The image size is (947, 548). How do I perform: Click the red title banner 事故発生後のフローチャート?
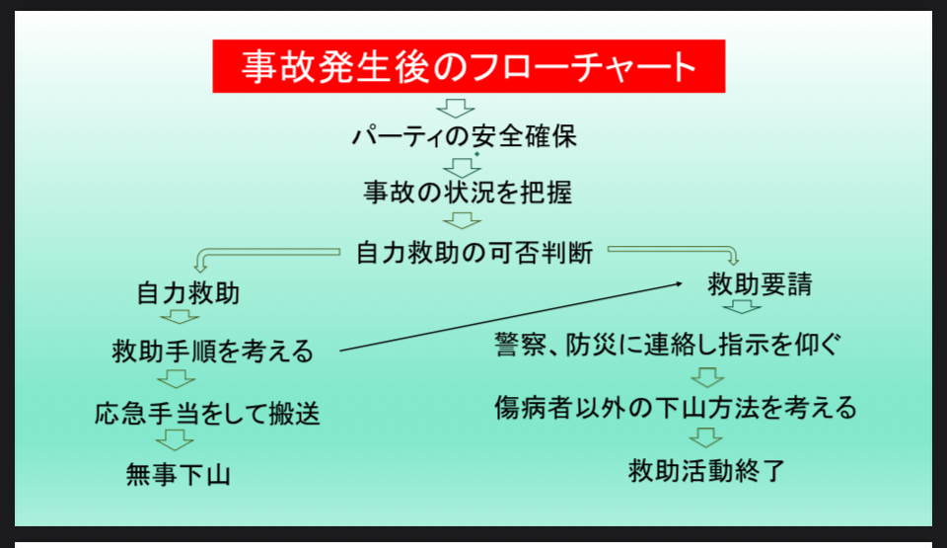469,66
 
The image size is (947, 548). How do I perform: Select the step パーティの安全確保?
465,136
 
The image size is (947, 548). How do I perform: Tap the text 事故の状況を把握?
468,193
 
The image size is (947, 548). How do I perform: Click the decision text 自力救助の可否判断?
474,253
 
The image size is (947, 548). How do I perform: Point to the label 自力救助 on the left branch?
188,293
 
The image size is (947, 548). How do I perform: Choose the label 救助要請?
761,284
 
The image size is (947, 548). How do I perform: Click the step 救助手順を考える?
213,351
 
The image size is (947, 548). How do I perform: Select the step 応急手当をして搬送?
207,414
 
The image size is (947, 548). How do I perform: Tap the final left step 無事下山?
179,474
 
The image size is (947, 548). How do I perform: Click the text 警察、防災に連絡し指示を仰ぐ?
668,345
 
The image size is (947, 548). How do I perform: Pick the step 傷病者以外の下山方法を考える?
676,407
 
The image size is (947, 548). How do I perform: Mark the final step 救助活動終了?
706,471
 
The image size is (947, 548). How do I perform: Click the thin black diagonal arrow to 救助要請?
511,316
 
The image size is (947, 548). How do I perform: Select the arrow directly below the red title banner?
456,109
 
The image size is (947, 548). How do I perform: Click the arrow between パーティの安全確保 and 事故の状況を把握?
462,168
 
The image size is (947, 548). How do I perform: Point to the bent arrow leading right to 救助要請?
671,249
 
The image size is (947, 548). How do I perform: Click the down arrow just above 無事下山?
176,440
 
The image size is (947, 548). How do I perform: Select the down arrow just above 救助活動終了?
705,437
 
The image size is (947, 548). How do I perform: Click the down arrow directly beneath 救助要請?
742,307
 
